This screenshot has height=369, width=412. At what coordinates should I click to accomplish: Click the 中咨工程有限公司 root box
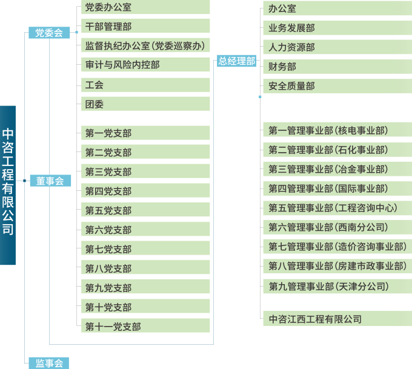tap(8, 185)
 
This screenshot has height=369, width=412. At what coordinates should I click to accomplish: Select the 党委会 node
tap(49, 33)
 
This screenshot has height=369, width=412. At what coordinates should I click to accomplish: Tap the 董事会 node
tap(49, 181)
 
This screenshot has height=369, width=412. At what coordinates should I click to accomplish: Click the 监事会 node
tap(49, 363)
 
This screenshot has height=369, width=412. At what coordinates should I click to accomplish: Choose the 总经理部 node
tap(237, 61)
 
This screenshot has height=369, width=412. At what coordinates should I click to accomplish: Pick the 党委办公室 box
tap(145, 7)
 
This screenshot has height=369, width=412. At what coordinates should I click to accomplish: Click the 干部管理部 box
tap(145, 26)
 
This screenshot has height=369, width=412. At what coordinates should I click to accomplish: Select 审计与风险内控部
tap(145, 64)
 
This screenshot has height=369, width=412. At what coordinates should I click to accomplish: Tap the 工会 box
tap(145, 85)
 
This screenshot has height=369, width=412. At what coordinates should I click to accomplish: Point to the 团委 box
tap(145, 104)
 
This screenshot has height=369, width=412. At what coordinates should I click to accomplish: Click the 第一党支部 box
tap(145, 133)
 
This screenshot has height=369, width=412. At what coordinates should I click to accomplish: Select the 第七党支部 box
tap(145, 249)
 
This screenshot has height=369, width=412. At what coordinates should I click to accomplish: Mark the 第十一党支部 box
tap(145, 327)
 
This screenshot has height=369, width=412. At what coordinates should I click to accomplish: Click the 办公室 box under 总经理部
tap(336, 8)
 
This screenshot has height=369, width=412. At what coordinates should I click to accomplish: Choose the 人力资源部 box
tap(336, 47)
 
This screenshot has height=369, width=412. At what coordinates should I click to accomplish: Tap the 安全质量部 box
tap(336, 86)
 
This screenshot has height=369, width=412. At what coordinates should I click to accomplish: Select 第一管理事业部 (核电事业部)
tap(336, 130)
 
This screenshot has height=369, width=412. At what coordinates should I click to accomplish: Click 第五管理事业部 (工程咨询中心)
tap(336, 208)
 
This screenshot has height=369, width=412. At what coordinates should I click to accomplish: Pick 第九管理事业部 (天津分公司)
tap(336, 286)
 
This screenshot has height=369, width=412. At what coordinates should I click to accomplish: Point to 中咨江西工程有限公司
tap(336, 319)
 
